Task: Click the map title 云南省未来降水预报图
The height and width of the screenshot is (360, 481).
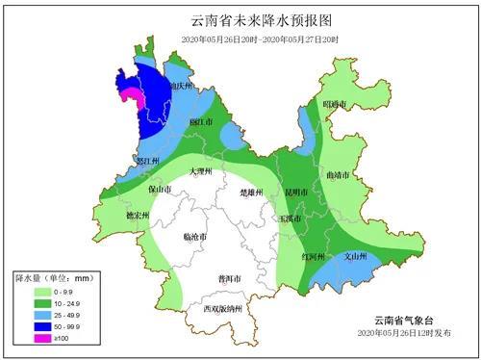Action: coord(240,20)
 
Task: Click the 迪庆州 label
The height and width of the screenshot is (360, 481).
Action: coord(182,86)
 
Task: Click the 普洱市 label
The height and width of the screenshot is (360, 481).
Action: coord(230,278)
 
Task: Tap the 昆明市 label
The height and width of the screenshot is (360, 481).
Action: coord(295,193)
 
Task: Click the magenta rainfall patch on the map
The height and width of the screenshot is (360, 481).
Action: coord(136,96)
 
